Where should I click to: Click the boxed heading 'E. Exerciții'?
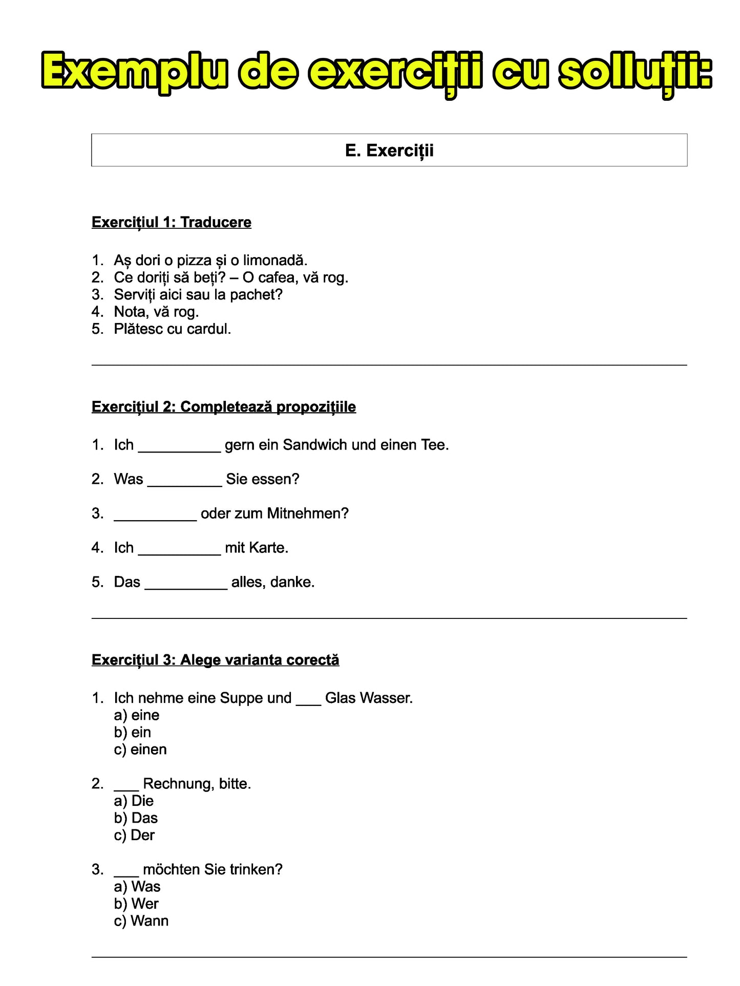pos(389,151)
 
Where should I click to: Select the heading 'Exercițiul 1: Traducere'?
pos(171,222)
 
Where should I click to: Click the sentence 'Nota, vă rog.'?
pos(156,312)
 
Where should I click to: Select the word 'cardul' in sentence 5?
pos(208,329)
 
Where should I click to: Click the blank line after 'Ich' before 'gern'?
pos(179,446)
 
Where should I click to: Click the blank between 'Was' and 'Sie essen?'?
pos(184,481)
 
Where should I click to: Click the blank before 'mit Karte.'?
pos(179,549)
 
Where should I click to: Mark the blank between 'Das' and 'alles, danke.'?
pos(186,584)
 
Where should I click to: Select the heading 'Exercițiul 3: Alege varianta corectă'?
pos(215,660)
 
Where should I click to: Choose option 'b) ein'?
pos(133,733)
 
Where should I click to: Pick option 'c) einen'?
pos(140,749)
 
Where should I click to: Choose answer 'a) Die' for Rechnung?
pos(134,801)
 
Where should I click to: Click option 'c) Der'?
pos(134,835)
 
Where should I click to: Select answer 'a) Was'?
pos(137,887)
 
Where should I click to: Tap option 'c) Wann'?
pos(141,921)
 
